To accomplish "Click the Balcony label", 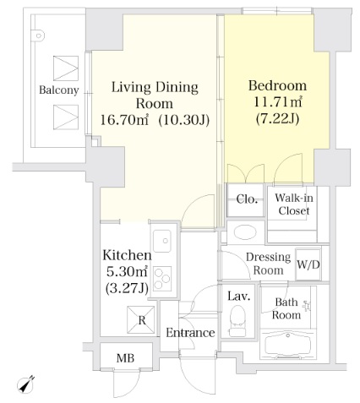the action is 58,90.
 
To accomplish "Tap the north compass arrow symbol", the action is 25,384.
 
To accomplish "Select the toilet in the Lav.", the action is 237,321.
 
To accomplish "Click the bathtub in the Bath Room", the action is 287,345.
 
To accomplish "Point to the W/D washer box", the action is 308,264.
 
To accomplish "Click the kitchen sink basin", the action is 161,242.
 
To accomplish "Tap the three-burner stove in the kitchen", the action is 162,278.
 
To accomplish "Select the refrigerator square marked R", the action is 141,320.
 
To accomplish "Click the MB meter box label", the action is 125,358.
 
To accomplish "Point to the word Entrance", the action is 190,333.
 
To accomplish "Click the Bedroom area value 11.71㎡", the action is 278,102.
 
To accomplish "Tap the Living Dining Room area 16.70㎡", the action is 124,121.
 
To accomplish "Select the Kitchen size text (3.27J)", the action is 127,288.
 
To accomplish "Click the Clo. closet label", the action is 247,199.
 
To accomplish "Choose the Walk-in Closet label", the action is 294,204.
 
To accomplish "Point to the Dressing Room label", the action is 268,264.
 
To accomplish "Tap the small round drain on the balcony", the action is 39,35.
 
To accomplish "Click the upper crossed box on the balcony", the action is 66,68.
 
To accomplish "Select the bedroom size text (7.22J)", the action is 277,119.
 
